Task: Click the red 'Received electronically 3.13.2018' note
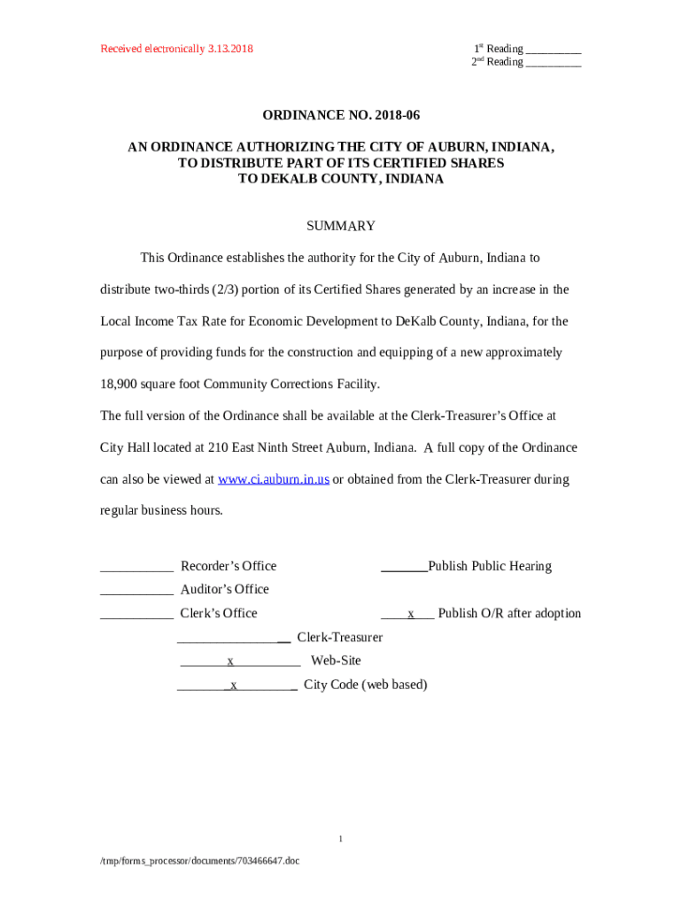pos(176,49)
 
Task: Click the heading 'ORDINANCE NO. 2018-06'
pos(340,115)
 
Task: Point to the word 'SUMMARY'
pos(340,226)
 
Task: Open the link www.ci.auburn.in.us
pos(274,479)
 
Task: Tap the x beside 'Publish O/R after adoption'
pos(411,614)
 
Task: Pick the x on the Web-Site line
pos(230,661)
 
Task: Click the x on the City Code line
pos(234,685)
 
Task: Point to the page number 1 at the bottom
pos(340,838)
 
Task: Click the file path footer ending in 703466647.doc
pos(199,860)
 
